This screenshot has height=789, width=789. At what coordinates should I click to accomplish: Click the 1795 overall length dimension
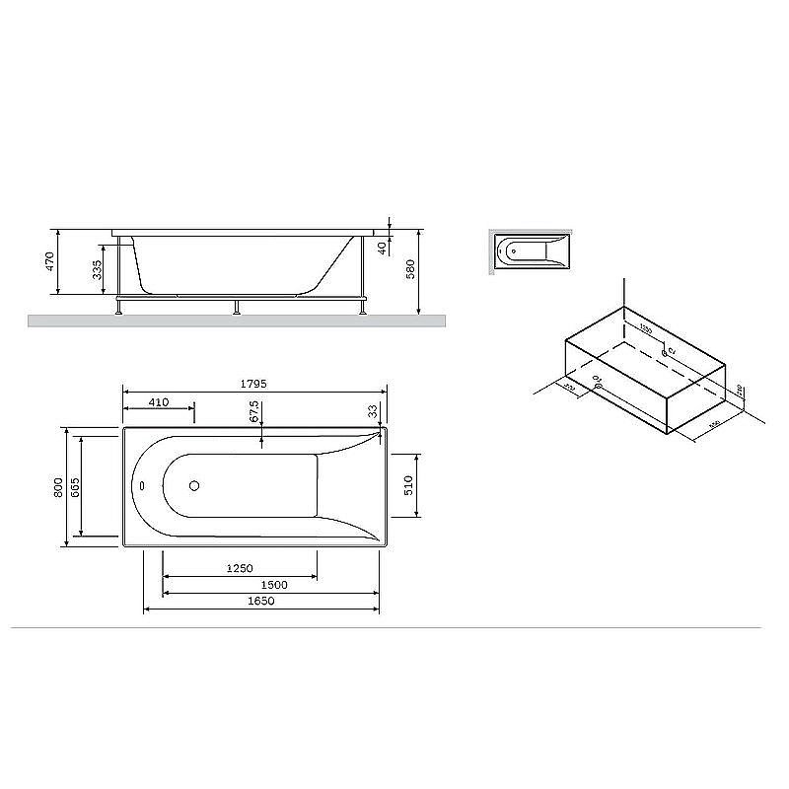point(253,383)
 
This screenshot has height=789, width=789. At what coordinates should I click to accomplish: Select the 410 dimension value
point(158,401)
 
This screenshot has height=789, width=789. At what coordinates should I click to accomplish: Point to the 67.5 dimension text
point(254,411)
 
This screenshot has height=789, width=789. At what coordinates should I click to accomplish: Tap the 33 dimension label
point(373,409)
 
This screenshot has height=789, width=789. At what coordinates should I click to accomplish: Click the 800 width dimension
point(59,486)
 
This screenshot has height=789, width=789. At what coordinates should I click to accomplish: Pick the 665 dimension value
point(75,486)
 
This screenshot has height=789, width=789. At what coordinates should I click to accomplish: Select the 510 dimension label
point(408,485)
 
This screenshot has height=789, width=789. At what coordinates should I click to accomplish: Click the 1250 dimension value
point(240,568)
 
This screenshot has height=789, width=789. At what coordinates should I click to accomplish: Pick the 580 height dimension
point(409,269)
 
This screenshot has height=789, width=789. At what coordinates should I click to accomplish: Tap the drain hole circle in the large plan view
point(194,485)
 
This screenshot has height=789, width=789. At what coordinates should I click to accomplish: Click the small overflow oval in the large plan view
point(141,485)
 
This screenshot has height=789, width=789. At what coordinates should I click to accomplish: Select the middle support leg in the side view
point(235,305)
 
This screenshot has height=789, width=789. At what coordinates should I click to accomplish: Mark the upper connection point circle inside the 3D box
point(664,351)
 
